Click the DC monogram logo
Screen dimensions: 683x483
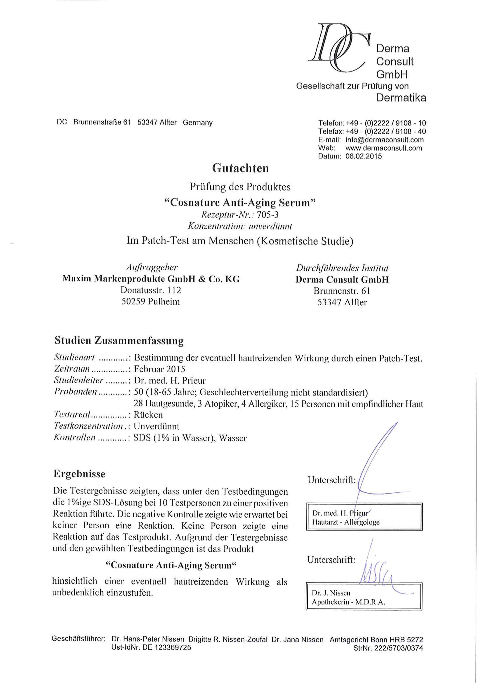coord(339,48)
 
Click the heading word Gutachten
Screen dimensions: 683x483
coord(240,168)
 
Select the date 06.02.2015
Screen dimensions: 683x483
coord(363,156)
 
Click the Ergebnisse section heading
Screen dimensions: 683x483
coord(79,474)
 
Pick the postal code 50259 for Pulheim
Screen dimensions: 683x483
coord(133,302)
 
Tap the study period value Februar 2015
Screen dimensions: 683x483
coord(160,369)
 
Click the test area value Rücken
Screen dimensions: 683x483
coord(148,415)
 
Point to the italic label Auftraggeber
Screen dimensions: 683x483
coord(152,267)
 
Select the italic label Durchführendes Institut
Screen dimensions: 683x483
coord(342,268)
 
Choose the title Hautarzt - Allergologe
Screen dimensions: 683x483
coord(346,522)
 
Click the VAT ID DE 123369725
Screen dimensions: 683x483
coord(167,647)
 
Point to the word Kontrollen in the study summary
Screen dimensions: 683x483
coord(75,438)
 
